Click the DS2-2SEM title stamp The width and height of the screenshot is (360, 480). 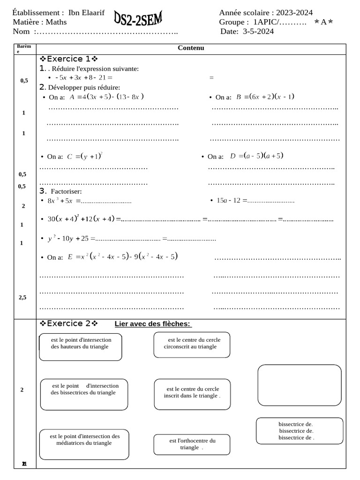[x=138, y=20]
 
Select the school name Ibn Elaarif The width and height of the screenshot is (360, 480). [x=86, y=13]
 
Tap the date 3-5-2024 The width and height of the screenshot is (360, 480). [x=258, y=31]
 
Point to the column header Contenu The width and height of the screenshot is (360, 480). [x=191, y=48]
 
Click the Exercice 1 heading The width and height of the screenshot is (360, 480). [x=68, y=59]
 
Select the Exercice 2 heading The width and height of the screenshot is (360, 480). [x=68, y=323]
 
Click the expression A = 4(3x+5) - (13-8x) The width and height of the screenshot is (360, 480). [x=106, y=97]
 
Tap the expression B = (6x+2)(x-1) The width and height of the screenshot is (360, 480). [x=265, y=97]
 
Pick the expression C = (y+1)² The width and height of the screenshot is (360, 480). [x=84, y=156]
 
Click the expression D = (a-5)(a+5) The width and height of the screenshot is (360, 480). [x=257, y=156]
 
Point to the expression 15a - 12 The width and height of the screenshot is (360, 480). [x=228, y=200]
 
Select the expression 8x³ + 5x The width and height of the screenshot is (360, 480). [x=60, y=201]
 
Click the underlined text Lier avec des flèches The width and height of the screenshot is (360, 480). [x=153, y=324]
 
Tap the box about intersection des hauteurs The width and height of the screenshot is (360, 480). [x=81, y=347]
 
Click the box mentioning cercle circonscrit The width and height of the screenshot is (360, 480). [x=192, y=344]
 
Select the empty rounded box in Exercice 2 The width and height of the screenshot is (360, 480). [x=300, y=385]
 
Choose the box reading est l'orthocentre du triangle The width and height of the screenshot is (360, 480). [x=192, y=444]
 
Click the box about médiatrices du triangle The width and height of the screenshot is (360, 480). [x=83, y=444]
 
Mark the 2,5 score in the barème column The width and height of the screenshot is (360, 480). [x=22, y=297]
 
